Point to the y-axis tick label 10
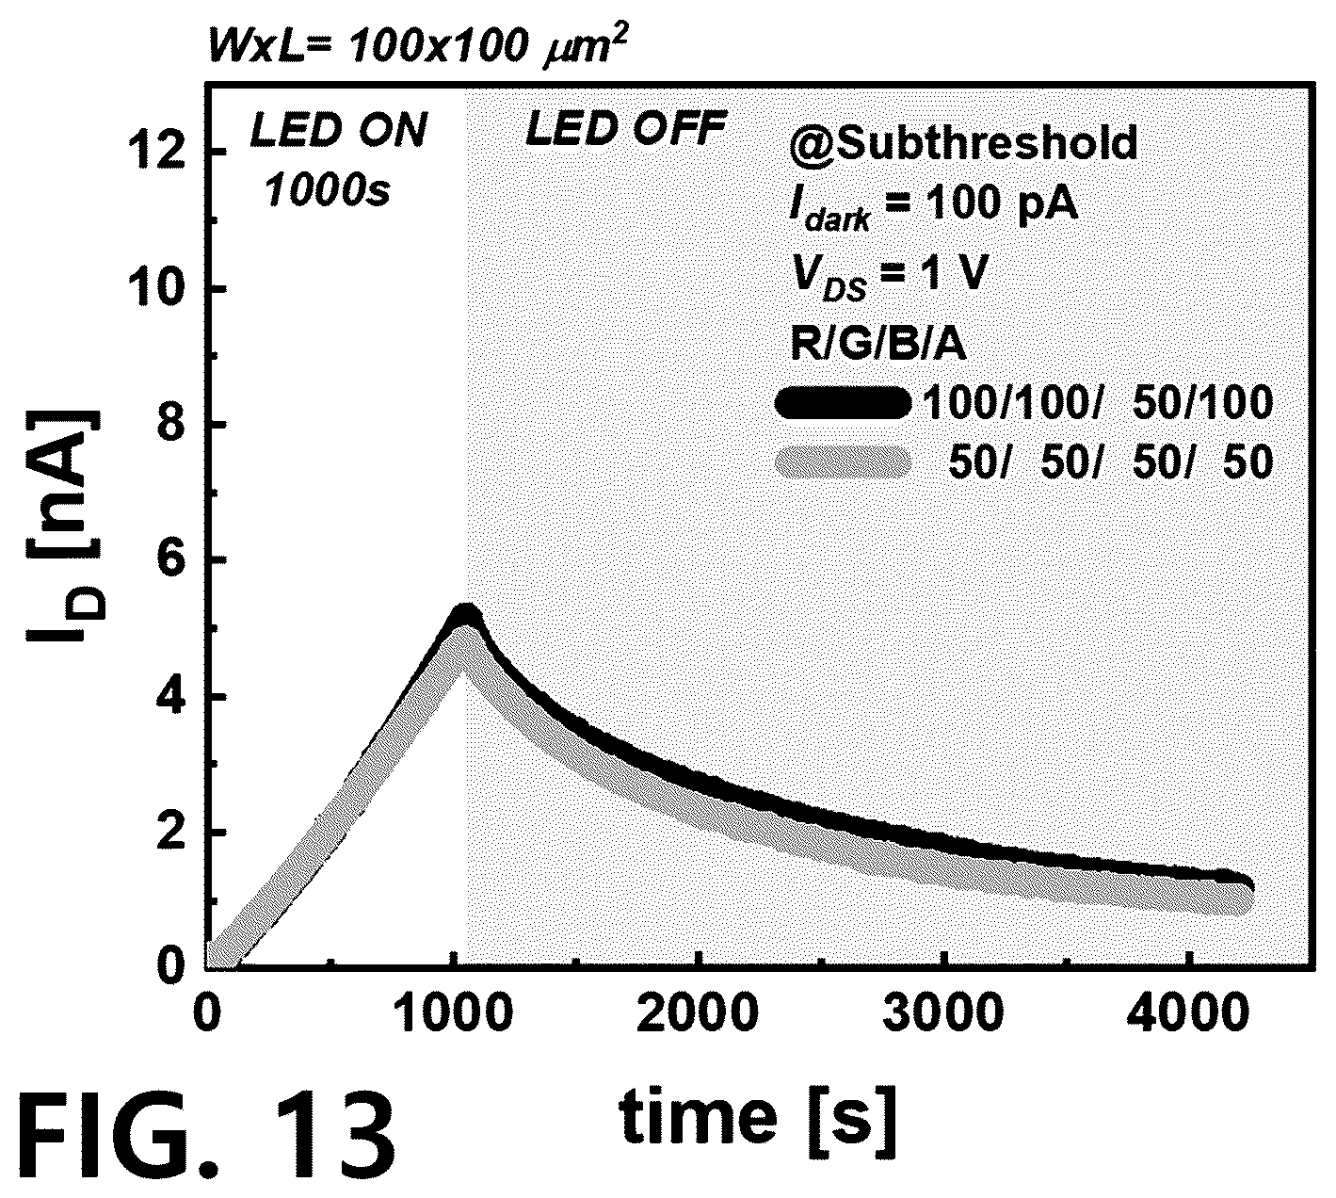(x=159, y=290)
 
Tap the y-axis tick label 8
(x=173, y=426)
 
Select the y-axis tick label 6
(x=173, y=562)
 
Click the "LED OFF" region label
(x=627, y=129)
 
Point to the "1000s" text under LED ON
(x=328, y=191)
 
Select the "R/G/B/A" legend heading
(x=878, y=344)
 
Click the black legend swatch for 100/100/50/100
(x=843, y=403)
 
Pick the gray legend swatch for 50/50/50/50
(x=843, y=462)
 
